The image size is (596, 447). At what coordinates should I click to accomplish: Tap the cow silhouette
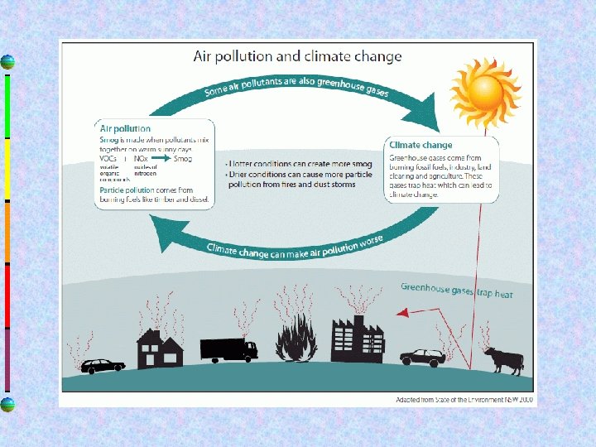coord(503,361)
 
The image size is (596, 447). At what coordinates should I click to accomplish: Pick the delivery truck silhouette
coord(228,348)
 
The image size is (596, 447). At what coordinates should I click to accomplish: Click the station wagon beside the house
coord(103,365)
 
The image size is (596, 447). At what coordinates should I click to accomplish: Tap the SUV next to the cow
coord(423,358)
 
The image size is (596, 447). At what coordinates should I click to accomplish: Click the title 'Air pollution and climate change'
coord(297,57)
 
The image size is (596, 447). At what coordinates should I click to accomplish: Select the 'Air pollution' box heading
coord(125,128)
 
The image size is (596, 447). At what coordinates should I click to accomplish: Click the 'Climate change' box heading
coord(421,146)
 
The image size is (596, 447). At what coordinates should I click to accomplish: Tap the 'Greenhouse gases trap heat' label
coord(457,291)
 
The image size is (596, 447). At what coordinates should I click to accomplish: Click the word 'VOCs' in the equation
coord(108,158)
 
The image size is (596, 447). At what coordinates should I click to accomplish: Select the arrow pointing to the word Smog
coord(161,158)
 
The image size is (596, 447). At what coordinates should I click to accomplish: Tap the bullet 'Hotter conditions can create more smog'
coord(298,164)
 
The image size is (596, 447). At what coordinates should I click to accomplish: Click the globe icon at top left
coord(7,62)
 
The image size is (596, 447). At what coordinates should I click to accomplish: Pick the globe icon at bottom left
coord(7,404)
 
